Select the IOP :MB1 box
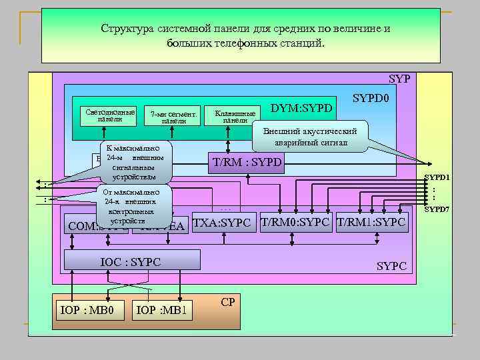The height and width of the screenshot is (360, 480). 163,311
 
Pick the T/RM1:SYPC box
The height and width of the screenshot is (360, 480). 371,222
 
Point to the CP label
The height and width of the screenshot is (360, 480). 227,302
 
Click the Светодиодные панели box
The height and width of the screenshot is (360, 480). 107,115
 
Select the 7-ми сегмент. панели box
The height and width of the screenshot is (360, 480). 173,117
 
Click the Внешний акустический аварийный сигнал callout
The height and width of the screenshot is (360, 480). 310,137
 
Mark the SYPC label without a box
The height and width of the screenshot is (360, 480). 391,265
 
